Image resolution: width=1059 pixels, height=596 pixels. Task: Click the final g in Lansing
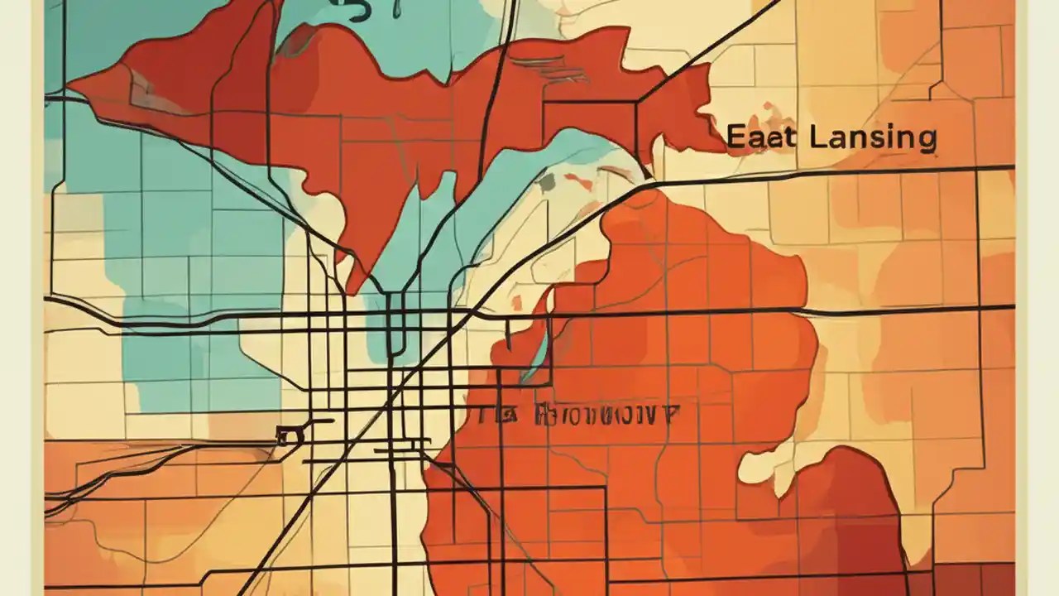(x=927, y=142)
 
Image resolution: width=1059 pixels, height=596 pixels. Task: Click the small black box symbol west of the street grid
(x=287, y=435)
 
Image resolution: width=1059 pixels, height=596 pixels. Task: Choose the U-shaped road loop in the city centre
(x=395, y=331)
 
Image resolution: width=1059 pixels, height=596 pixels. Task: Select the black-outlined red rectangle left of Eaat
(x=589, y=124)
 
